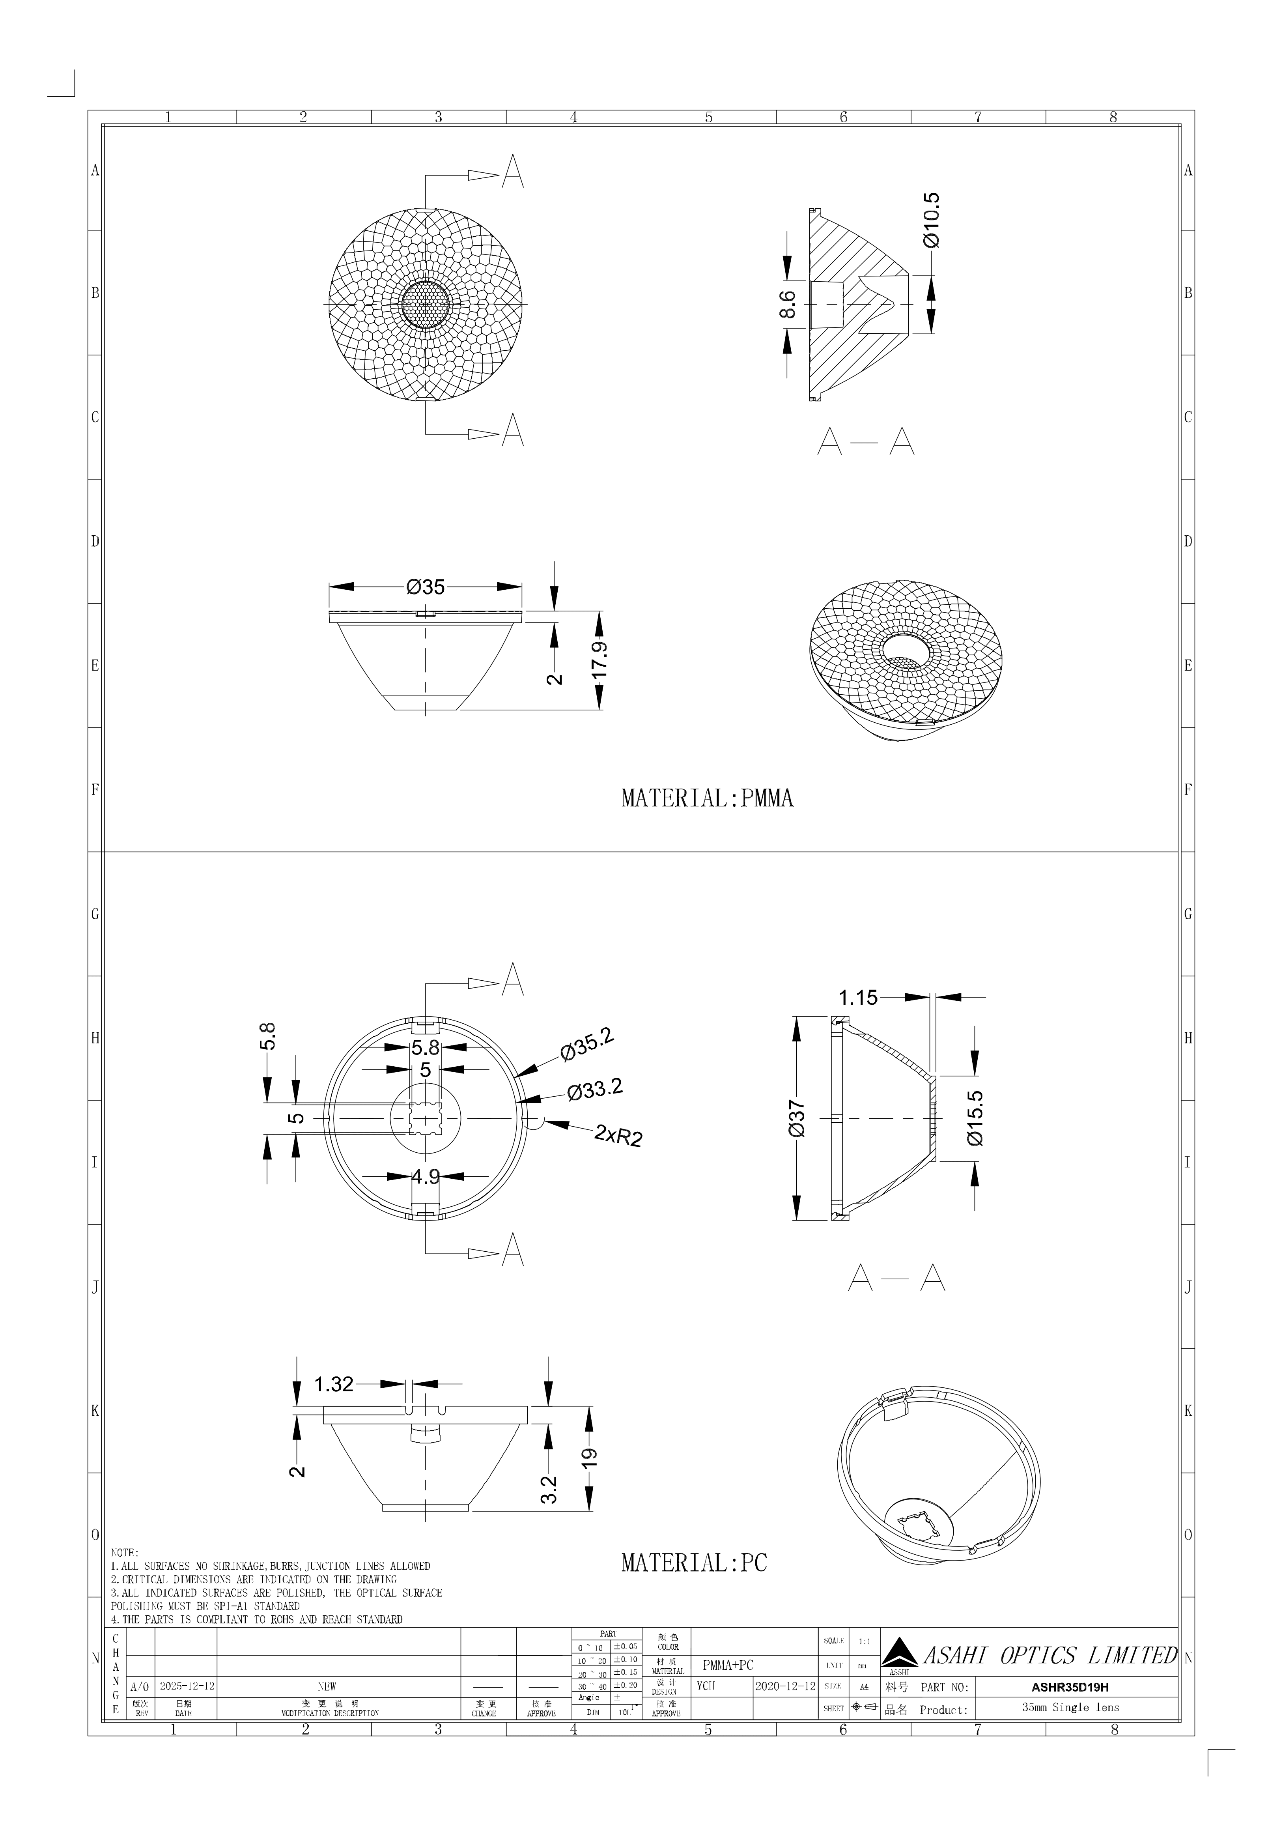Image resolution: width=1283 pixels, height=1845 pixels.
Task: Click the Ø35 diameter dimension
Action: (425, 587)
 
